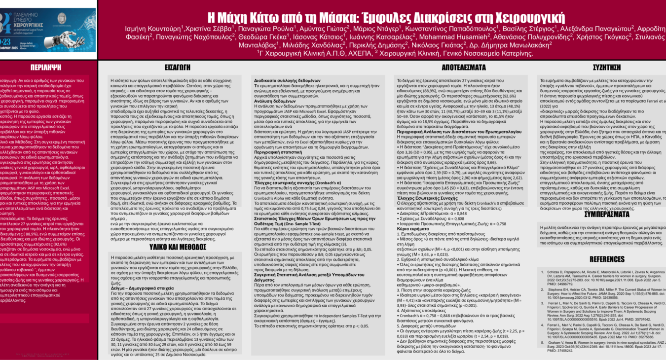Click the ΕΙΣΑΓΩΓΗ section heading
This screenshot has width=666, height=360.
pos(178,67)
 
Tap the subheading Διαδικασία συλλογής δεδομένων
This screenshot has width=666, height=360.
pos(282,79)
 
